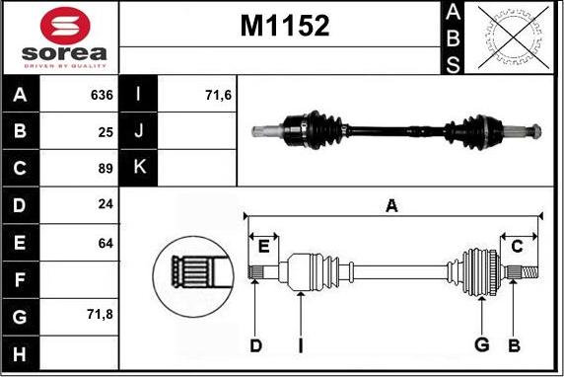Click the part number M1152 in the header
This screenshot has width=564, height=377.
point(285,26)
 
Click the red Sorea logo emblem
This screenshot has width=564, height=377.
point(65,26)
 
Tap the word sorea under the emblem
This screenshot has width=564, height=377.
point(64,53)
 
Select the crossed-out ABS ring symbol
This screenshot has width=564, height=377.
point(513,38)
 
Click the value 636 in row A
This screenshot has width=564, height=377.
point(102,95)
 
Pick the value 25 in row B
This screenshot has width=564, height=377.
point(106,132)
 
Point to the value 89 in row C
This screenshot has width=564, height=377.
point(106,168)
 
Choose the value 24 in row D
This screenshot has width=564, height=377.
point(106,204)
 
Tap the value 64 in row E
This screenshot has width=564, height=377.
point(106,243)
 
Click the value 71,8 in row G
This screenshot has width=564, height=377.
point(100,315)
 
